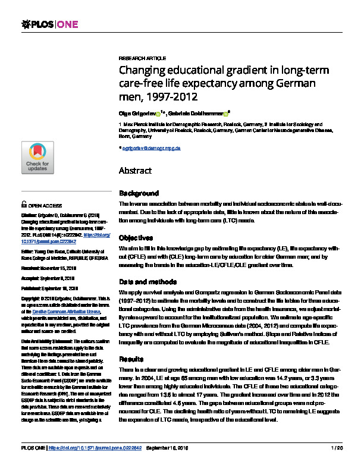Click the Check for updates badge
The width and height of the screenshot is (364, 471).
point(37,158)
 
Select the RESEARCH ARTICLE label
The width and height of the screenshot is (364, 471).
point(143,59)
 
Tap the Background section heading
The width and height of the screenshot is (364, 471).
point(139,193)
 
